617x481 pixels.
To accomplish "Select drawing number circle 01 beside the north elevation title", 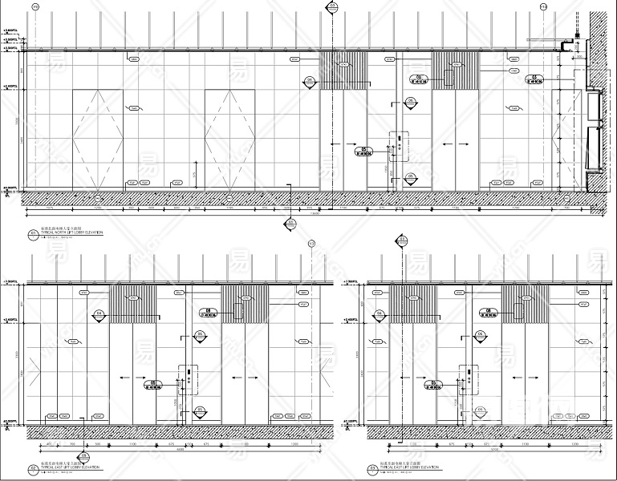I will click(x=33, y=234).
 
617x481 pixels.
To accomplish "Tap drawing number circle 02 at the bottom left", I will click(x=33, y=468).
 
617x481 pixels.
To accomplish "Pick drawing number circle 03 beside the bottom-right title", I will click(x=371, y=468).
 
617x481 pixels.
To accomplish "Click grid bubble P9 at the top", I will click(x=35, y=6).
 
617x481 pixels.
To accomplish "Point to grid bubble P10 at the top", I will click(x=543, y=6).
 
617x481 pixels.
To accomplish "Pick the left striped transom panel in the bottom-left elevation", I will click(x=133, y=304).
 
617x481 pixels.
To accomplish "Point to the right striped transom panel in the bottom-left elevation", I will click(x=245, y=304).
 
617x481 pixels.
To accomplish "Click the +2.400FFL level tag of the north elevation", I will click(x=11, y=86).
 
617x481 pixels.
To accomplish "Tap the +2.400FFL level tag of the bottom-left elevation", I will click(x=11, y=319).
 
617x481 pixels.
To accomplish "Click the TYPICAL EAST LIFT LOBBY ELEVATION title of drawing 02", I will click(x=71, y=466).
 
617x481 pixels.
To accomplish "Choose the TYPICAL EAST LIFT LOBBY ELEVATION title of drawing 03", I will click(x=410, y=466).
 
